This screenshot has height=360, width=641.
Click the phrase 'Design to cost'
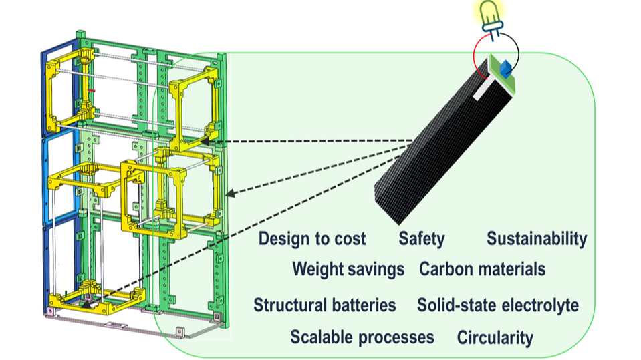312,238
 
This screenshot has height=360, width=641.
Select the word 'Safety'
422,238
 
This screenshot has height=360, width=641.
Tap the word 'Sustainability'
536,238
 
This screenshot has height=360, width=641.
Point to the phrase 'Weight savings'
348,269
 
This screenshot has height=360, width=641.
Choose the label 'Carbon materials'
482,269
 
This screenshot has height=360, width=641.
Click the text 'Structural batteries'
325,305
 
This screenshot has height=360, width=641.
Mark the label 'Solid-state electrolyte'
497,305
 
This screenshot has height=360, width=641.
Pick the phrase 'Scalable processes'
362,337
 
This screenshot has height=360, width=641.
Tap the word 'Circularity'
495,337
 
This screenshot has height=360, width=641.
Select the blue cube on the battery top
505,68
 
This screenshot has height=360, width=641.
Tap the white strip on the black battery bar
481,91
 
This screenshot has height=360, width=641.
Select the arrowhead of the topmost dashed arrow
205,142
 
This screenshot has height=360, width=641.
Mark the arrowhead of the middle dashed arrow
229,194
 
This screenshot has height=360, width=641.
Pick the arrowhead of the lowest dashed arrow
87,304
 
